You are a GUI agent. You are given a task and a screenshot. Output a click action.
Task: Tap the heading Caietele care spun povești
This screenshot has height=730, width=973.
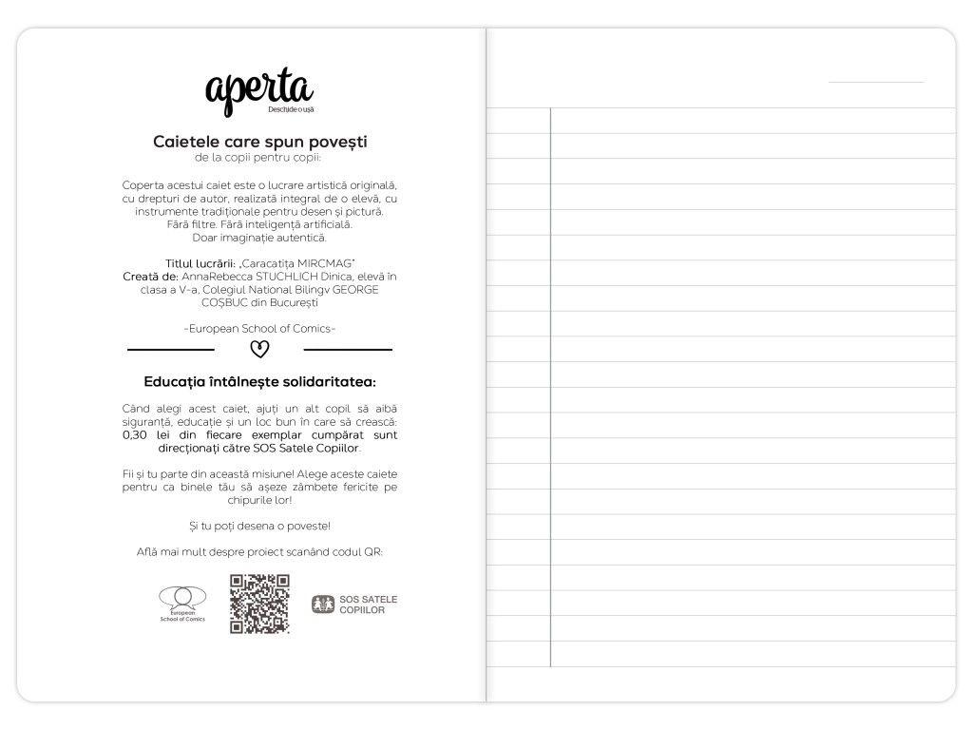[x=259, y=142]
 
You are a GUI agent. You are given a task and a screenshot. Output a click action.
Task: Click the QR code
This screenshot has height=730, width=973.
[x=259, y=604]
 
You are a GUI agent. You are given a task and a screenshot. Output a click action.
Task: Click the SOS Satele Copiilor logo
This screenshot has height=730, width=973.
[x=354, y=605]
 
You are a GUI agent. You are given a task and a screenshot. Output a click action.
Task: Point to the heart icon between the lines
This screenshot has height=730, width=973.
[x=259, y=350]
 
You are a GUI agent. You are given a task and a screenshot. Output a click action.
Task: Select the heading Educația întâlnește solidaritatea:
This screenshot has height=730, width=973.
[x=259, y=382]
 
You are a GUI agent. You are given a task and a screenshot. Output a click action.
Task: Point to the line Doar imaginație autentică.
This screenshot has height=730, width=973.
[x=259, y=238]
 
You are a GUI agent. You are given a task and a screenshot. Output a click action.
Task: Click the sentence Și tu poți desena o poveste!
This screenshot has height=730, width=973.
[x=259, y=525]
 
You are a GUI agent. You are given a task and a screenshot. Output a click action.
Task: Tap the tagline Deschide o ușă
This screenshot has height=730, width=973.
[x=291, y=111]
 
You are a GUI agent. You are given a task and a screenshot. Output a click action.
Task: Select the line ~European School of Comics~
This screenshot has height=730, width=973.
[x=259, y=328]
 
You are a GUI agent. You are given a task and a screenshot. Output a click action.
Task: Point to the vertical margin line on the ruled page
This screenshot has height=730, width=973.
[x=550, y=380]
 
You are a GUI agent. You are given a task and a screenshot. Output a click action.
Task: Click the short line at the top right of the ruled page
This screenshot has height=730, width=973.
[x=875, y=82]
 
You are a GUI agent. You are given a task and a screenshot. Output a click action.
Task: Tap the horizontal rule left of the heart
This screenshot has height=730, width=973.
[x=171, y=350]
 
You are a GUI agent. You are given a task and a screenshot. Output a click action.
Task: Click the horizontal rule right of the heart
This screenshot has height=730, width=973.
[x=348, y=350]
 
